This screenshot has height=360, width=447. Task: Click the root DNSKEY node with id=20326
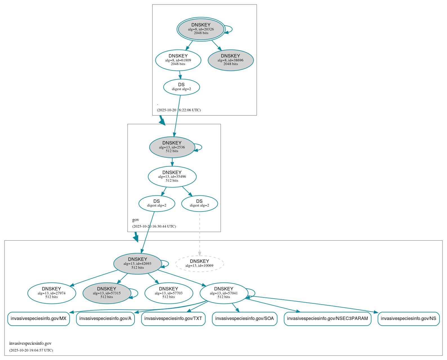point(201,29)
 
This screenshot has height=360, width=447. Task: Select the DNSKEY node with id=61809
point(178,60)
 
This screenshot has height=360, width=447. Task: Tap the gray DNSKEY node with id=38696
point(231,60)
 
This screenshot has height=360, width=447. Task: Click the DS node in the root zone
point(182,87)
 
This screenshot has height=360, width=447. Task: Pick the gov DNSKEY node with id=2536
point(172,147)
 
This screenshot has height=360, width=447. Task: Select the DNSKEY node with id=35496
point(172,177)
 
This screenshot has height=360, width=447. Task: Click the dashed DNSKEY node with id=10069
point(199,264)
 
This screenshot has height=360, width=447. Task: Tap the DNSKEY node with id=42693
point(137,264)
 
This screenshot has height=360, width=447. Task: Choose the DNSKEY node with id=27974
point(52,293)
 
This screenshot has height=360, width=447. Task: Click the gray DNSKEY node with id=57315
point(107,293)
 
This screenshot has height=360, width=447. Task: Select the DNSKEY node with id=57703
point(169,293)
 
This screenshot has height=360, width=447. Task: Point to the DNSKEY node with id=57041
point(224,293)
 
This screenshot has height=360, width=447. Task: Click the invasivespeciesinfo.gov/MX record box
point(39,319)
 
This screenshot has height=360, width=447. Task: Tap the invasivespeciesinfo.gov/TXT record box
point(173,319)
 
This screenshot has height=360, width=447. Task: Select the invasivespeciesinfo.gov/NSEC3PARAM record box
point(327,319)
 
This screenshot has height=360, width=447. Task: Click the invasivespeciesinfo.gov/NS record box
point(408,319)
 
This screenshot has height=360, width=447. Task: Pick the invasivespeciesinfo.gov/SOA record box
point(244,319)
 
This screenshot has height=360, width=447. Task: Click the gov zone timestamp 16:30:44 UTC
point(154,226)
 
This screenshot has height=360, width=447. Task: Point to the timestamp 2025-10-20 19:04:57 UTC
point(31,350)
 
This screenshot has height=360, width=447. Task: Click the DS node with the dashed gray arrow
point(200,203)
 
